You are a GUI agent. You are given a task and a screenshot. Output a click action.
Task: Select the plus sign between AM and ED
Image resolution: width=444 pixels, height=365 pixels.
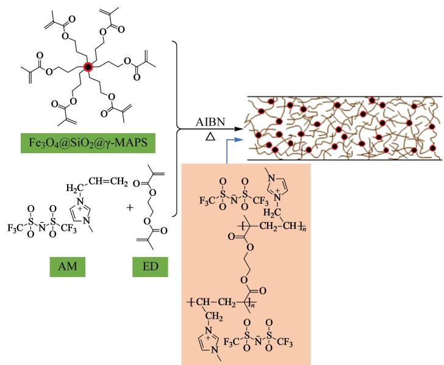pyautogui.click(x=130, y=208)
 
